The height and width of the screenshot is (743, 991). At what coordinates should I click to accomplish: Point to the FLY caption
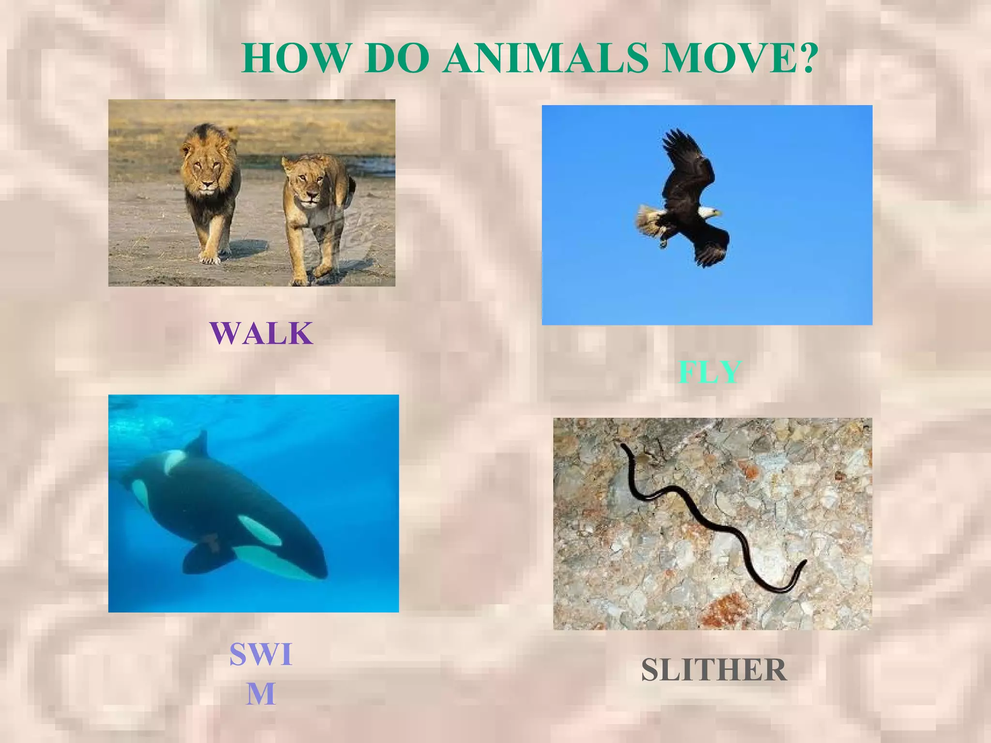click(x=709, y=372)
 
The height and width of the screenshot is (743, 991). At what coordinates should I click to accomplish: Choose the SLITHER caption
click(x=714, y=669)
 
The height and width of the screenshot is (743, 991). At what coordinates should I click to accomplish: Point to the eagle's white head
click(x=709, y=212)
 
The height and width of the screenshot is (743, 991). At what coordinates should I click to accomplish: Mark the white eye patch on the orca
click(x=258, y=530)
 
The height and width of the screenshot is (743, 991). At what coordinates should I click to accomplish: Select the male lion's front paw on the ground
click(x=209, y=257)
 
